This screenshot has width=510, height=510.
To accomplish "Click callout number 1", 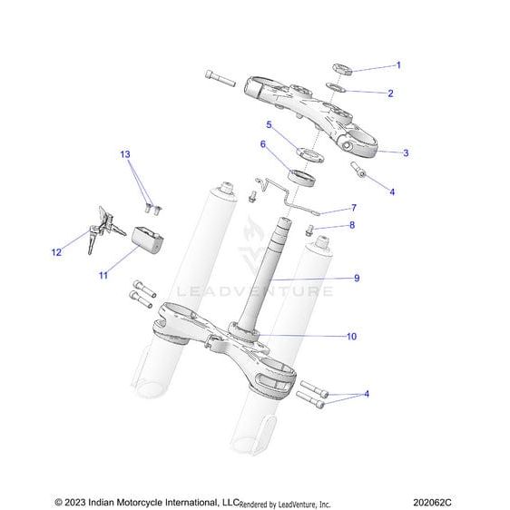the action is pyautogui.click(x=398, y=65).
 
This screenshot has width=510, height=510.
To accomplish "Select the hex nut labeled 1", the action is pyautogui.click(x=342, y=69).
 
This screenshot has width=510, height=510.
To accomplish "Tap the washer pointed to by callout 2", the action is pyautogui.click(x=336, y=87).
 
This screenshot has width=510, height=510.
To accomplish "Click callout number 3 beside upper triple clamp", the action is pyautogui.click(x=406, y=152).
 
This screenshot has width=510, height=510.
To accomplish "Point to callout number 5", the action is pyautogui.click(x=269, y=124).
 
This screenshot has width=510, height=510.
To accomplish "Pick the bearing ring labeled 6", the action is pyautogui.click(x=301, y=178).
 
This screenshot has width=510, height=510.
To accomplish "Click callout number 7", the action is pyautogui.click(x=354, y=208).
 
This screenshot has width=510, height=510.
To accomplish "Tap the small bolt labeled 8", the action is pyautogui.click(x=309, y=230).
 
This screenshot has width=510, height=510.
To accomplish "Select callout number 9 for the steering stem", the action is pyautogui.click(x=357, y=278).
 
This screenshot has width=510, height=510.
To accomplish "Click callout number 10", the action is pyautogui.click(x=351, y=337).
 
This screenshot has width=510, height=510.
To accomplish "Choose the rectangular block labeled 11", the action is pyautogui.click(x=147, y=240).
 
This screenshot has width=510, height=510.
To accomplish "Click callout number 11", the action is pyautogui.click(x=103, y=276).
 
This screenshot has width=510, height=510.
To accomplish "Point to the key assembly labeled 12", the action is pyautogui.click(x=104, y=230).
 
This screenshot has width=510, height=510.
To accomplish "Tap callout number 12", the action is pyautogui.click(x=56, y=252).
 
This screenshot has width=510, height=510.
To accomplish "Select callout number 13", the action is pyautogui.click(x=125, y=154).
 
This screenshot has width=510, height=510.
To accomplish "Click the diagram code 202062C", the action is pyautogui.click(x=432, y=502).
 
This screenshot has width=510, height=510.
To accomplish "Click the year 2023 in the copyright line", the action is pyautogui.click(x=74, y=502).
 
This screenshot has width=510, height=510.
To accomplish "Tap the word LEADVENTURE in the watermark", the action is pyautogui.click(x=255, y=291).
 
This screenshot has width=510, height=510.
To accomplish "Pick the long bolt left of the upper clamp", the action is pyautogui.click(x=221, y=78).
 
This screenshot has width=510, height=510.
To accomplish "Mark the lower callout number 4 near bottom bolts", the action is pyautogui.click(x=367, y=394).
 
